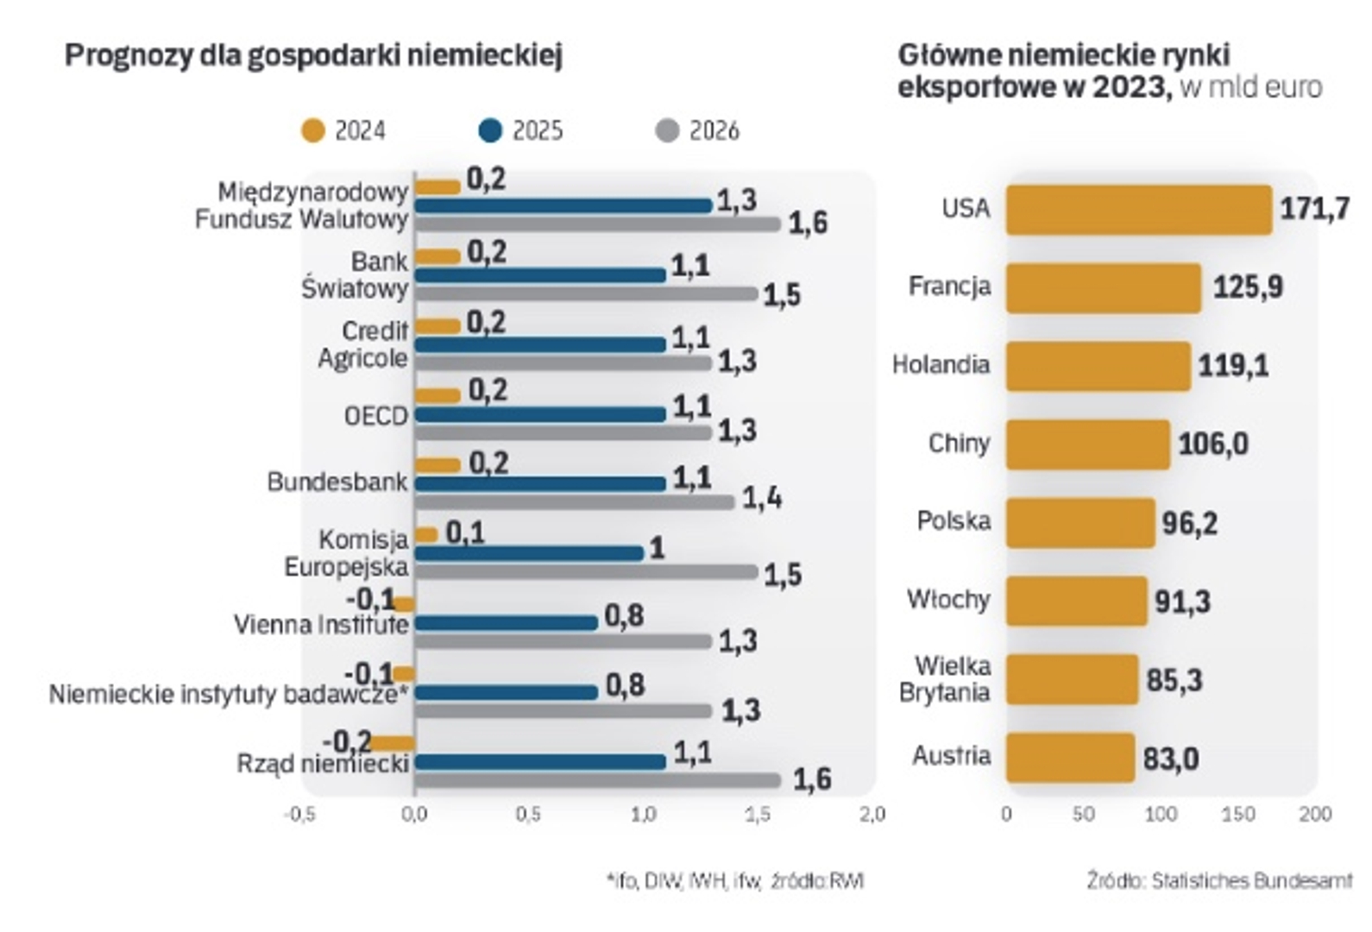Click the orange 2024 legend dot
[312, 131]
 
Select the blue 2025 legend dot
[490, 131]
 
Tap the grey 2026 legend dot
[667, 131]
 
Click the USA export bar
[1138, 210]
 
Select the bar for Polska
[1079, 523]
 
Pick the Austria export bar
[1069, 758]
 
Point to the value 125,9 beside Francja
[1247, 287]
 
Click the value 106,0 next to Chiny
[1212, 444]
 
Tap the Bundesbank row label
[337, 482]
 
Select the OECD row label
[375, 416]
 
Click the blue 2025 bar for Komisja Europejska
[529, 553]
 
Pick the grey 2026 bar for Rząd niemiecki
[597, 780]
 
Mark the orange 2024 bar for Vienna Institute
[404, 604]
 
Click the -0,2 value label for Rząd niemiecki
[346, 741]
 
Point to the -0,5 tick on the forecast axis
[299, 815]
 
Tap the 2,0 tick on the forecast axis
[872, 815]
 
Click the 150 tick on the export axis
[1238, 814]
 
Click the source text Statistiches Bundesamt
[1251, 881]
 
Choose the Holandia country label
[941, 365]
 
